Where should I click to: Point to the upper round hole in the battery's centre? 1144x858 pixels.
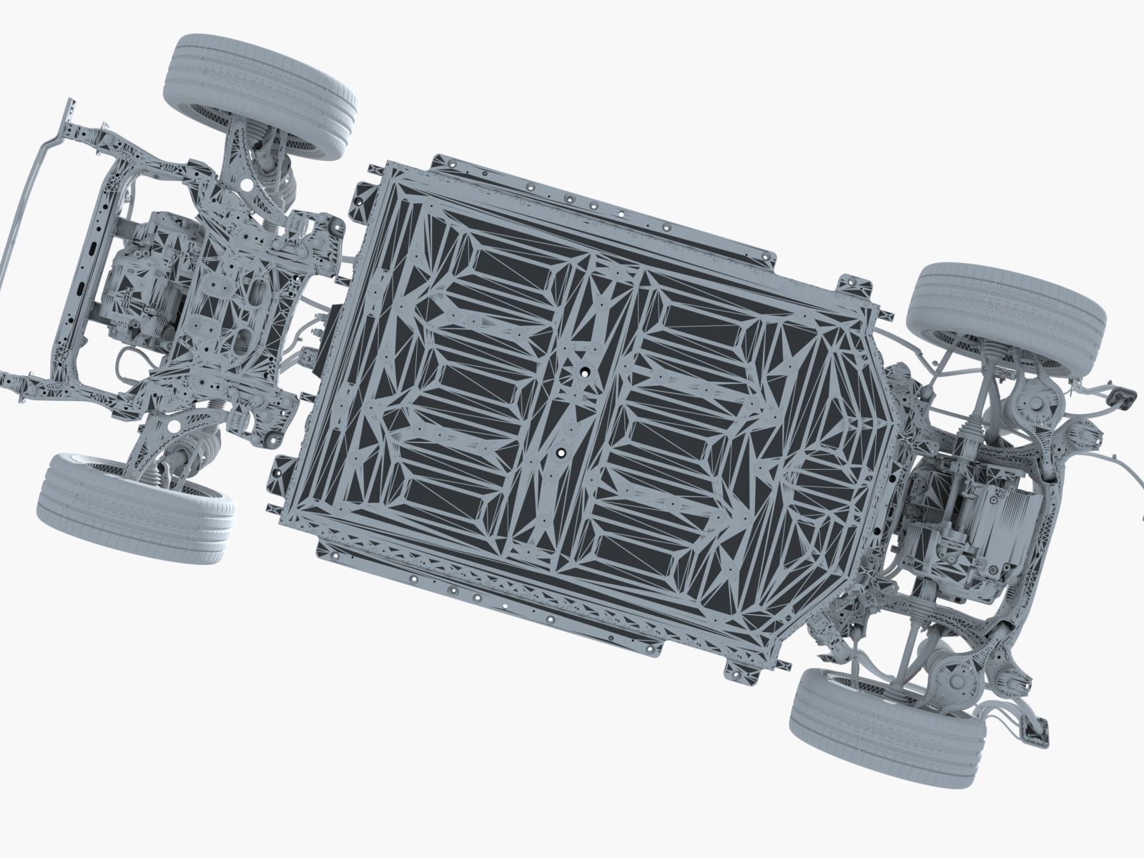583,373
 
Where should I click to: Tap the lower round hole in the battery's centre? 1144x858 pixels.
561,452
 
